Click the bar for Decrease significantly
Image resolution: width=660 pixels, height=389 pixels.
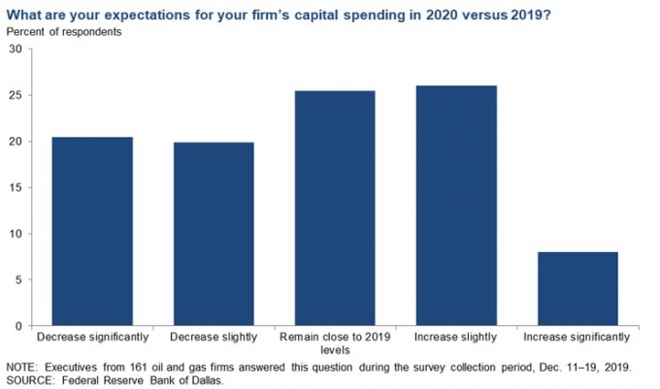click(91, 232)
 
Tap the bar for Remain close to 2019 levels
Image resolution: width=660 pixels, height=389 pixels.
click(335, 209)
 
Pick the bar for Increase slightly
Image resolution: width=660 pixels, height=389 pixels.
click(456, 206)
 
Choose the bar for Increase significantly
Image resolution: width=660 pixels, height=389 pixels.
click(577, 289)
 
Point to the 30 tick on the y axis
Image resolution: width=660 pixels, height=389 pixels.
click(16, 49)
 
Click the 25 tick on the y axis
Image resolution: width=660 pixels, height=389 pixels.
click(16, 96)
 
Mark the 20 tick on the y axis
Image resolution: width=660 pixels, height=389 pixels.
click(16, 142)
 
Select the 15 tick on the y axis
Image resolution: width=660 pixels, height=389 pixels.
click(16, 188)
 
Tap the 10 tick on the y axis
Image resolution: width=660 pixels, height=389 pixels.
click(16, 234)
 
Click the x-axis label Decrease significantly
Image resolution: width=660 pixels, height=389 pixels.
click(91, 337)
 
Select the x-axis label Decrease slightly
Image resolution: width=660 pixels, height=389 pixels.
click(214, 337)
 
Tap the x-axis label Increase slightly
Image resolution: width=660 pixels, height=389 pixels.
click(456, 337)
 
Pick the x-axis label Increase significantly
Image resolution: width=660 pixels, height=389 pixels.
click(577, 337)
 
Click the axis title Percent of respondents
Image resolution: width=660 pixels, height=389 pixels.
click(65, 32)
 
